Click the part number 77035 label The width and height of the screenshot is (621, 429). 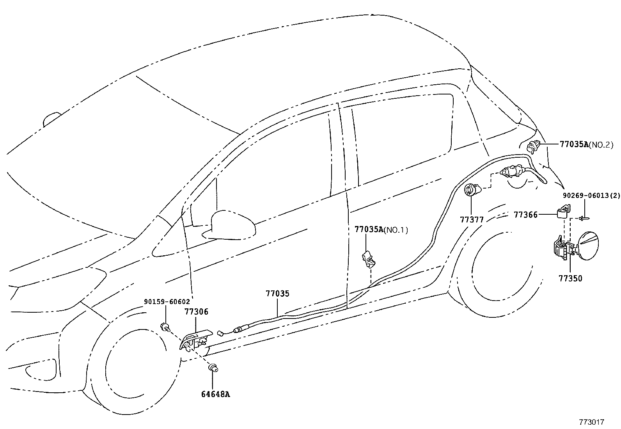(278, 294)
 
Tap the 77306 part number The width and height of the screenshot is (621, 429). (196, 312)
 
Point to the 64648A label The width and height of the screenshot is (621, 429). (215, 394)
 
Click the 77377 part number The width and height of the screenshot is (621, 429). (472, 220)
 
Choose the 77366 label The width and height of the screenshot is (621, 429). (525, 214)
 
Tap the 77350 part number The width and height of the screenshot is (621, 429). (570, 278)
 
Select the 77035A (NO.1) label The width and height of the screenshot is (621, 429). (381, 230)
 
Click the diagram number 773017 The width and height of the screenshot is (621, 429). (591, 422)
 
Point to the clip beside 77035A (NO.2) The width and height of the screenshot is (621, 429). (532, 147)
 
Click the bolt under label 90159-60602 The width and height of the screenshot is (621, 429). (165, 326)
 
